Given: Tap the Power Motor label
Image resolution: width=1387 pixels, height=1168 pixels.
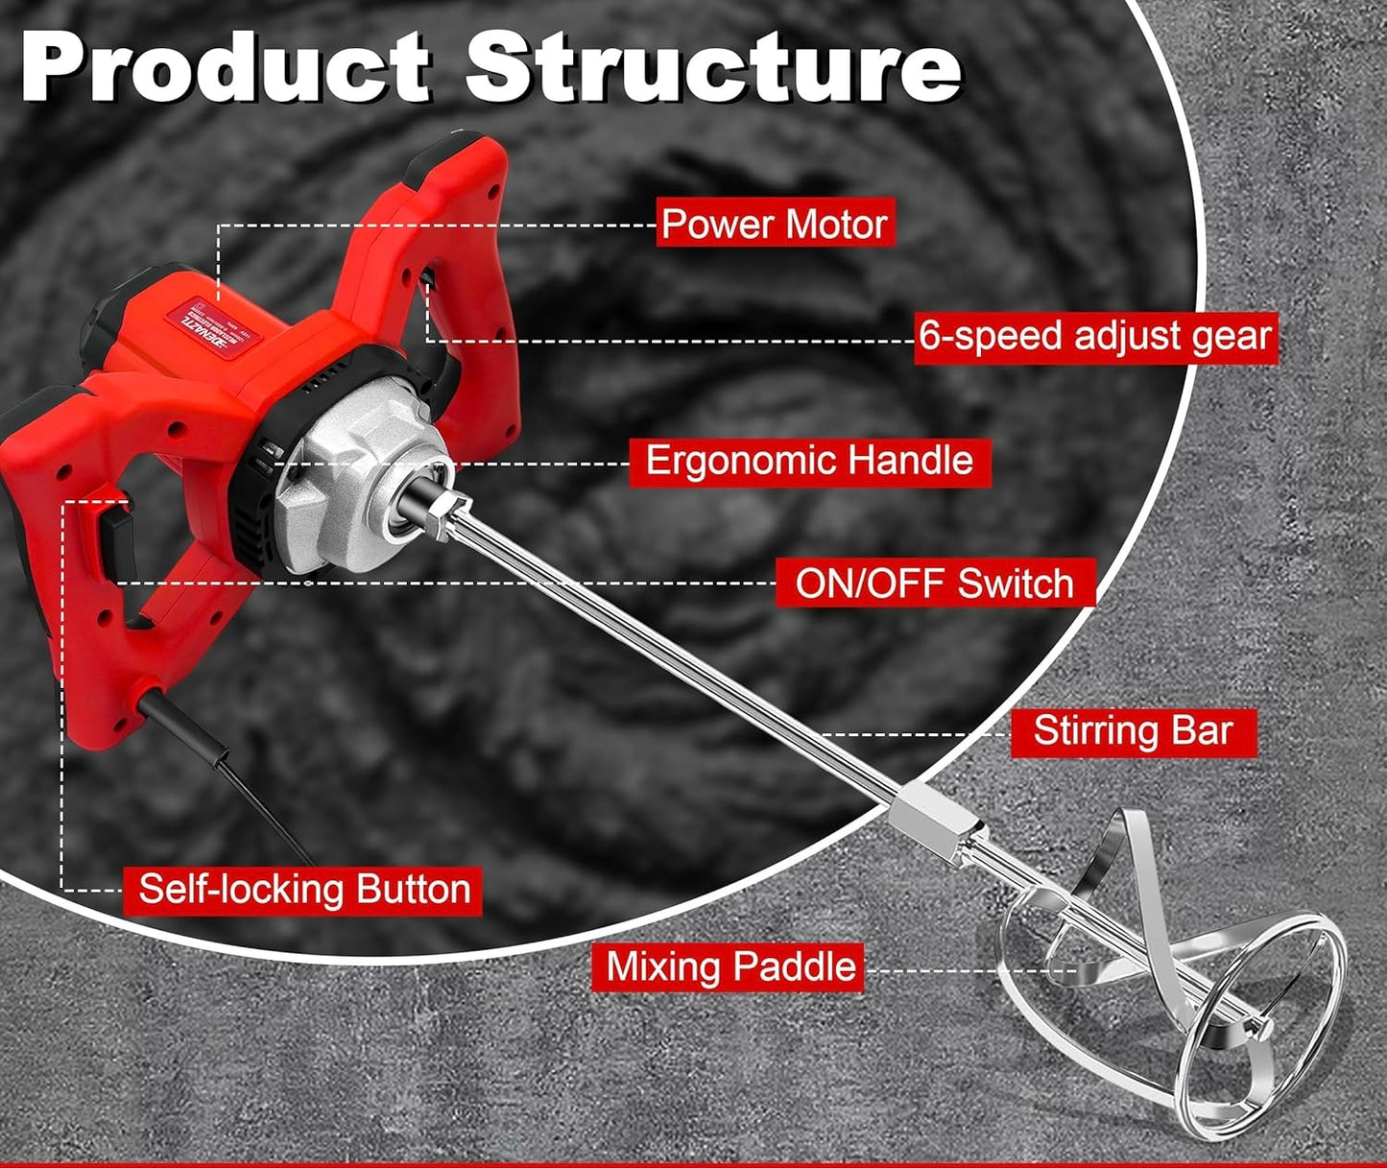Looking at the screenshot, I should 775,224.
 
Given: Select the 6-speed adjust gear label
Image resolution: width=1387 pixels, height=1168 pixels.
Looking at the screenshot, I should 1095,337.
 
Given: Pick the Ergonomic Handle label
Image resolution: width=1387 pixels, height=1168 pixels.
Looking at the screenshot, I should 809,461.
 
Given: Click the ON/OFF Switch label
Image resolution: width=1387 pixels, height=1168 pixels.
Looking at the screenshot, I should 934,584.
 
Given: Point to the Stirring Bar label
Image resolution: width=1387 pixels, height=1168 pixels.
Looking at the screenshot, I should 1133,731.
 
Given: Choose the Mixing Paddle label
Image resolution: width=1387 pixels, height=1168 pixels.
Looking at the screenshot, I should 730,966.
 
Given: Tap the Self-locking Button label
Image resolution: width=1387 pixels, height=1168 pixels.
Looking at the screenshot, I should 304,890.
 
